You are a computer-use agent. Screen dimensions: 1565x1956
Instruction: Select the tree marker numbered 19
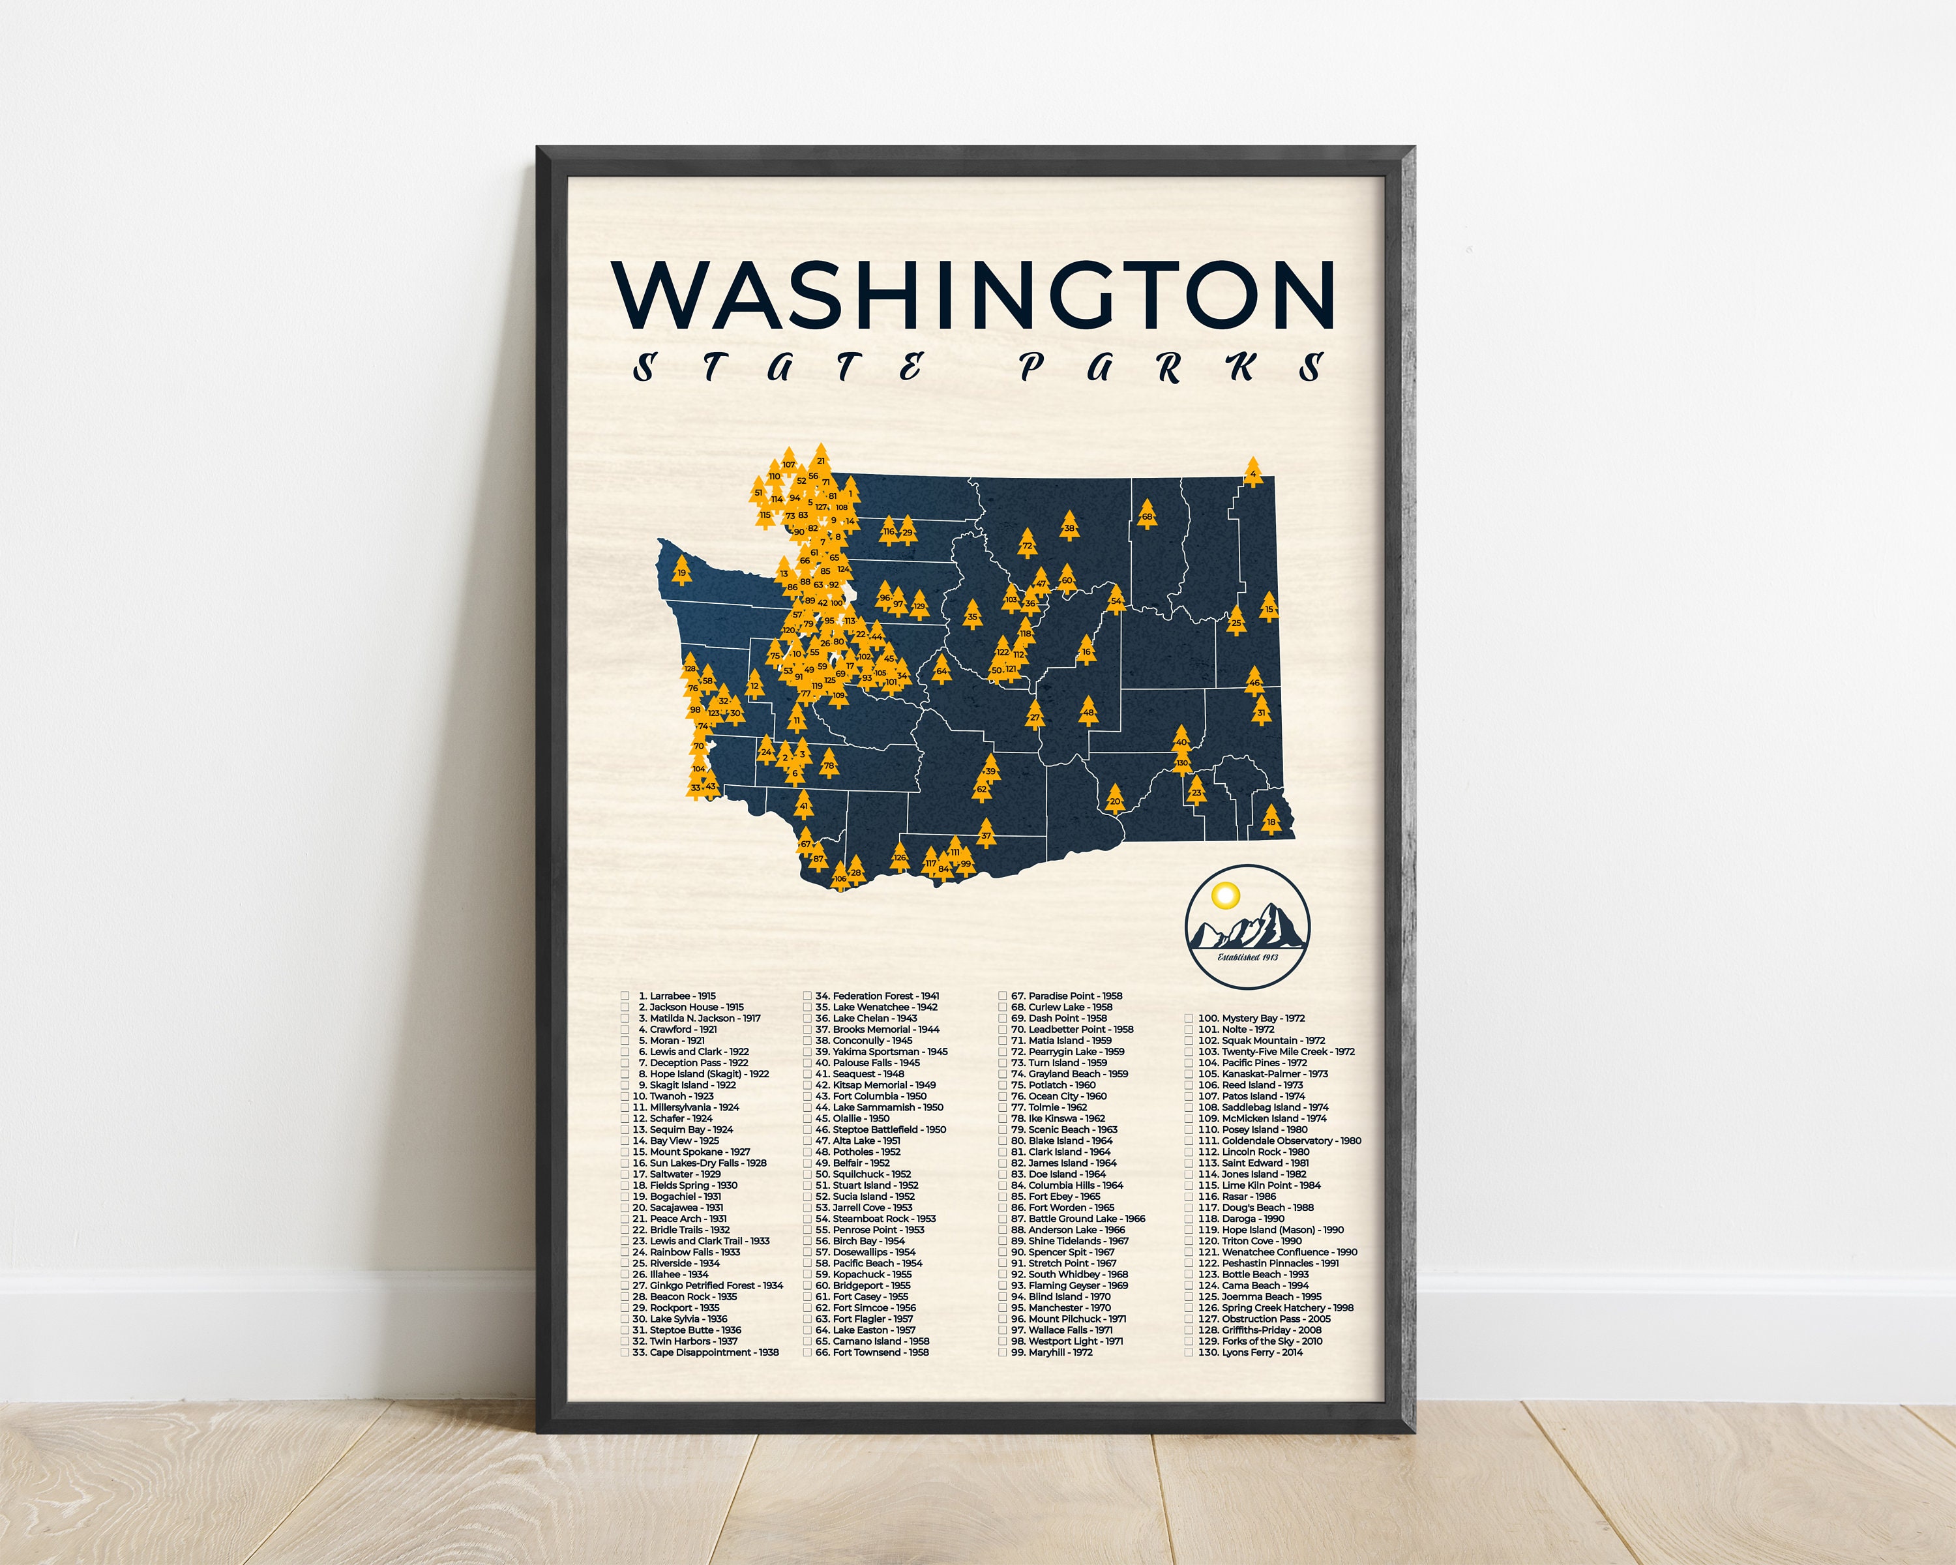[x=682, y=573]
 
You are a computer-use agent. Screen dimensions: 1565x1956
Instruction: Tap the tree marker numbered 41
[x=804, y=805]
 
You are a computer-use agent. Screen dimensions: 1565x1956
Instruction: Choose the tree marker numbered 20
[x=1115, y=800]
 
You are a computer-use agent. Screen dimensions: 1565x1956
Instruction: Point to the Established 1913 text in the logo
[x=1247, y=957]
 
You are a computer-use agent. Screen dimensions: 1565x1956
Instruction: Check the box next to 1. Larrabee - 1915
[x=625, y=996]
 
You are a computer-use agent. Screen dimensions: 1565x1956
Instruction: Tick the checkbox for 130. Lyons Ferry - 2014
[x=1189, y=1352]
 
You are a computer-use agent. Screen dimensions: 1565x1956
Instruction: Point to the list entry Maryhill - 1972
[x=1059, y=1352]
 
